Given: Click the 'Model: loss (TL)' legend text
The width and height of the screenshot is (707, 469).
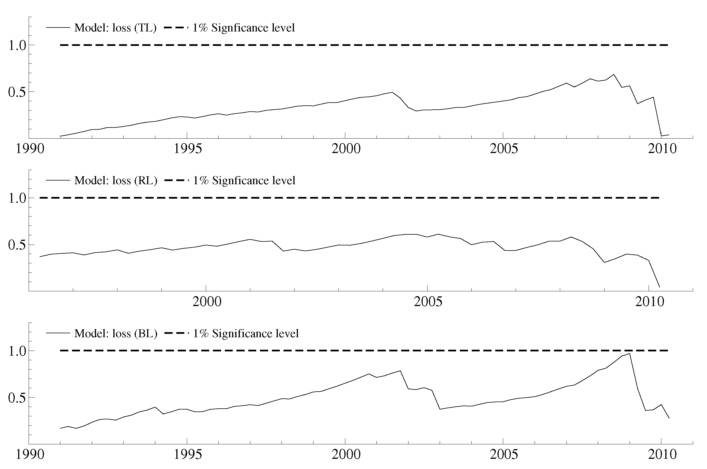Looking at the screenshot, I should click(115, 28).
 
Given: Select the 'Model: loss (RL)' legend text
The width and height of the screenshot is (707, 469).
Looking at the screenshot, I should click(115, 181).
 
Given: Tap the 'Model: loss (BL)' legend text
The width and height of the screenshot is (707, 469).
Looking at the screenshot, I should click(115, 334).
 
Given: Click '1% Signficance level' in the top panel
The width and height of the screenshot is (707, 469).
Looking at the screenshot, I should click(243, 28).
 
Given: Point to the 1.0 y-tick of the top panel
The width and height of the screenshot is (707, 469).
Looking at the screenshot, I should click(17, 45).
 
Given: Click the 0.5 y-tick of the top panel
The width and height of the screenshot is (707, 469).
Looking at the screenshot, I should click(17, 92).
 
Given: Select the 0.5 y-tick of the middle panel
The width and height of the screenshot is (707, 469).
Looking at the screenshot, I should click(17, 245).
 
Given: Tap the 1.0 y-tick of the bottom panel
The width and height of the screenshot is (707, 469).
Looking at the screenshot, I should click(17, 351).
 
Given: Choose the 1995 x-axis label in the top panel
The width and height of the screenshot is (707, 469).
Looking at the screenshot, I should click(188, 149).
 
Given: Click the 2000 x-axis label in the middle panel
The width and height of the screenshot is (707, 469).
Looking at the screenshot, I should click(207, 302).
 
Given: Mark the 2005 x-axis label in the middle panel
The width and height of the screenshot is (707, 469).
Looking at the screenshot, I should click(428, 302).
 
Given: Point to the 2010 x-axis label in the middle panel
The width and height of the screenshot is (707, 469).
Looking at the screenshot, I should click(649, 302).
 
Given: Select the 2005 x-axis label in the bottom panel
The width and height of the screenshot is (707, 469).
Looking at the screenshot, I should click(503, 454).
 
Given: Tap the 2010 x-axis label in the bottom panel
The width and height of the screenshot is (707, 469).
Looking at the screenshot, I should click(662, 454).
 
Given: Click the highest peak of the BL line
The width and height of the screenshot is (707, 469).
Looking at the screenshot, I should click(630, 354).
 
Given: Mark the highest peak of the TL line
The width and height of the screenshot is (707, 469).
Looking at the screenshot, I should click(614, 75).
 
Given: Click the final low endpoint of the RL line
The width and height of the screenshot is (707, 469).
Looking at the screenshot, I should click(659, 287).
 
